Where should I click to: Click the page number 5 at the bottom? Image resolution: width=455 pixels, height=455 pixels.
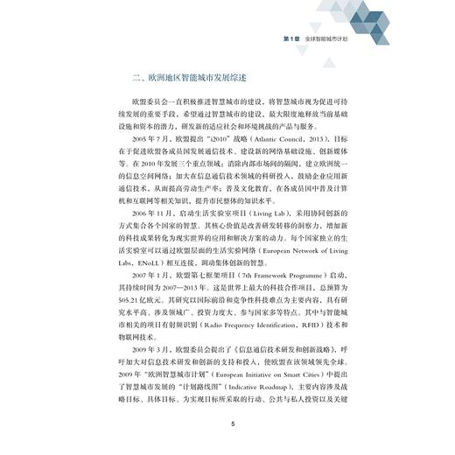pos(232,424)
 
